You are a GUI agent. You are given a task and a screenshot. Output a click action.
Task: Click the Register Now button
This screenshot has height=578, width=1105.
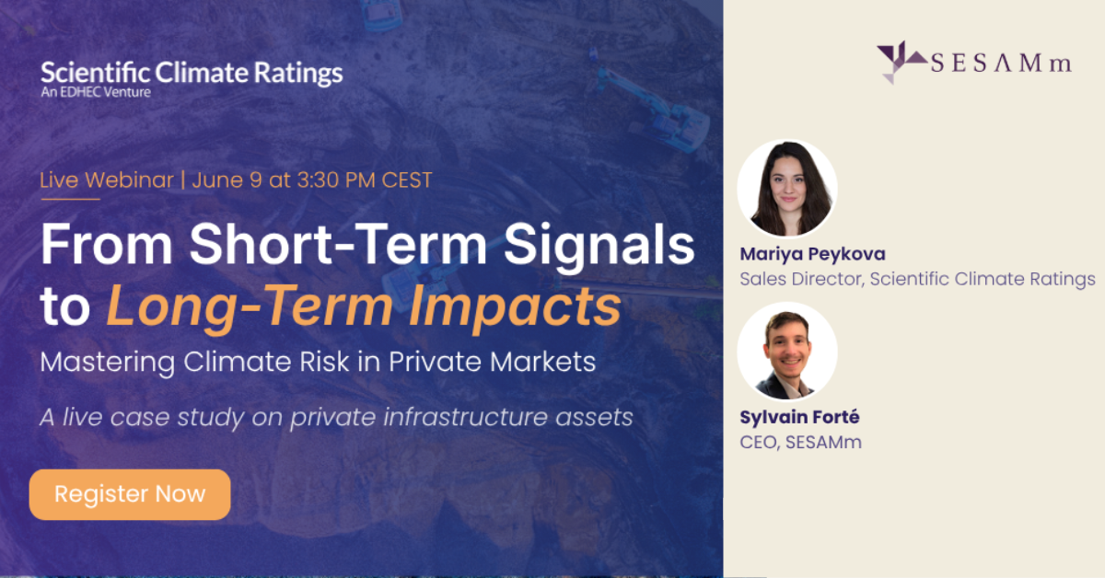point(130,494)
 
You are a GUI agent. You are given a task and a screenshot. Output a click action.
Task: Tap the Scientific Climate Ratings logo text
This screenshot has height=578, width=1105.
point(192,74)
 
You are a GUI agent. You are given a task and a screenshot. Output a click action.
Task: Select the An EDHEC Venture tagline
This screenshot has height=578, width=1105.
point(96,92)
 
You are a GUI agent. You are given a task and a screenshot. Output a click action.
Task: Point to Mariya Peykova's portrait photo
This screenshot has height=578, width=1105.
point(787,189)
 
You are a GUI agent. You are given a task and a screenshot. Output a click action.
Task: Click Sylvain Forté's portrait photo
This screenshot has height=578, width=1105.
point(787,352)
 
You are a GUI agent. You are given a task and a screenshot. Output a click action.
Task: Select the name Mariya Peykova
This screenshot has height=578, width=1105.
point(812,254)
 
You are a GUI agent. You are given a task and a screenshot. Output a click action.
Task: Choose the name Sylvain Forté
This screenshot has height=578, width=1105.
point(799,417)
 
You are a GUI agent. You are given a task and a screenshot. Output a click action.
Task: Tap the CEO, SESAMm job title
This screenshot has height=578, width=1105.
point(800,443)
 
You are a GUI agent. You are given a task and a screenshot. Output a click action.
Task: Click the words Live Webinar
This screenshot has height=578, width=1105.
point(107,180)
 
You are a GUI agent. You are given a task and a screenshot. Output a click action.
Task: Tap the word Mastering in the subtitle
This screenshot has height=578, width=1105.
point(108,363)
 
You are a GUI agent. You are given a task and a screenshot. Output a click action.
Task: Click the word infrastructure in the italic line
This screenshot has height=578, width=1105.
point(465,417)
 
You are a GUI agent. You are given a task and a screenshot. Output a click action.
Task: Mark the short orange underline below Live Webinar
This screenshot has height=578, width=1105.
point(71,199)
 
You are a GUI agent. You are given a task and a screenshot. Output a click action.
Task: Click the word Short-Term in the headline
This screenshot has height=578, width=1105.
point(339,245)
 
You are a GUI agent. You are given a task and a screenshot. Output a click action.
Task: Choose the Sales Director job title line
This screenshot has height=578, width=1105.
point(917,279)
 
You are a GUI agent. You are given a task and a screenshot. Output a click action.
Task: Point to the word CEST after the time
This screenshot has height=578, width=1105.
point(407,180)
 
